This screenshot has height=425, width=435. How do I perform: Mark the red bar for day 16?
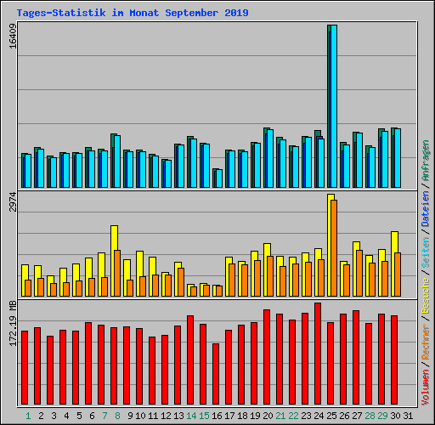216,375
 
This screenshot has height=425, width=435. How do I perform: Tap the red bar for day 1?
25,368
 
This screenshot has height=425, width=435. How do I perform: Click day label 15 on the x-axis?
203,416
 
